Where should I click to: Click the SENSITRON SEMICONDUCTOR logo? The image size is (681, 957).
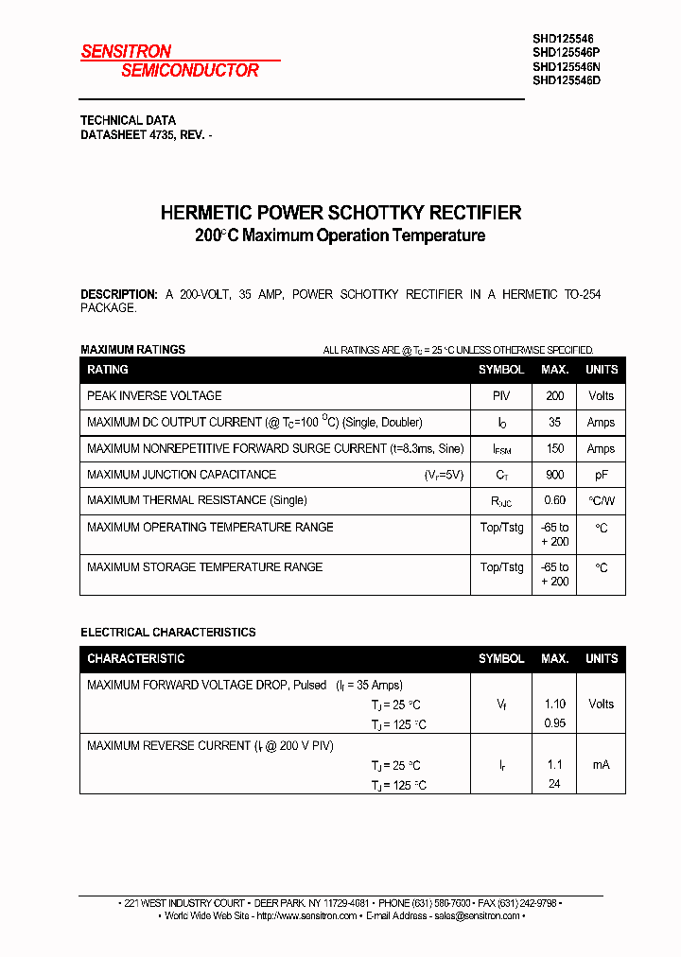[x=170, y=61]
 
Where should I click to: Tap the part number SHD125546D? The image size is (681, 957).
[x=567, y=80]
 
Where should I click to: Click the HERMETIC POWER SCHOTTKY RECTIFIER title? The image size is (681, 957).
[x=340, y=213]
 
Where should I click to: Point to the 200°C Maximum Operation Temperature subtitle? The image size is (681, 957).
[x=340, y=236]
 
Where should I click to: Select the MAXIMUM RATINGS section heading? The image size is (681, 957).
[x=132, y=350]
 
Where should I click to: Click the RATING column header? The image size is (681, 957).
[x=108, y=370]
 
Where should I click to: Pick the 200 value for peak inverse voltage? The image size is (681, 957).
[x=554, y=396]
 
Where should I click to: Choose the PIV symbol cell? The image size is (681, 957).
[x=501, y=396]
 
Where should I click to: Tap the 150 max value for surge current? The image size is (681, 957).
[x=554, y=449]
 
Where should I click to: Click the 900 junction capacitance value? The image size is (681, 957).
[x=554, y=475]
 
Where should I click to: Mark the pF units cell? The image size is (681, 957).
[x=601, y=475]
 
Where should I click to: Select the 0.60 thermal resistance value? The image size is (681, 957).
[x=554, y=500]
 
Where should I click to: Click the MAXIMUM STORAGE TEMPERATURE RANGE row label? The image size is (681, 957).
[x=204, y=567]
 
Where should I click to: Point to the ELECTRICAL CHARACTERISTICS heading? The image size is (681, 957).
[x=168, y=632]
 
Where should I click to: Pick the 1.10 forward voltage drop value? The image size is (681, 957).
[x=554, y=704]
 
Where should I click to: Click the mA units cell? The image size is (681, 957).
[x=601, y=764]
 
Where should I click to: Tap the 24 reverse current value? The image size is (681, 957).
[x=554, y=784]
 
